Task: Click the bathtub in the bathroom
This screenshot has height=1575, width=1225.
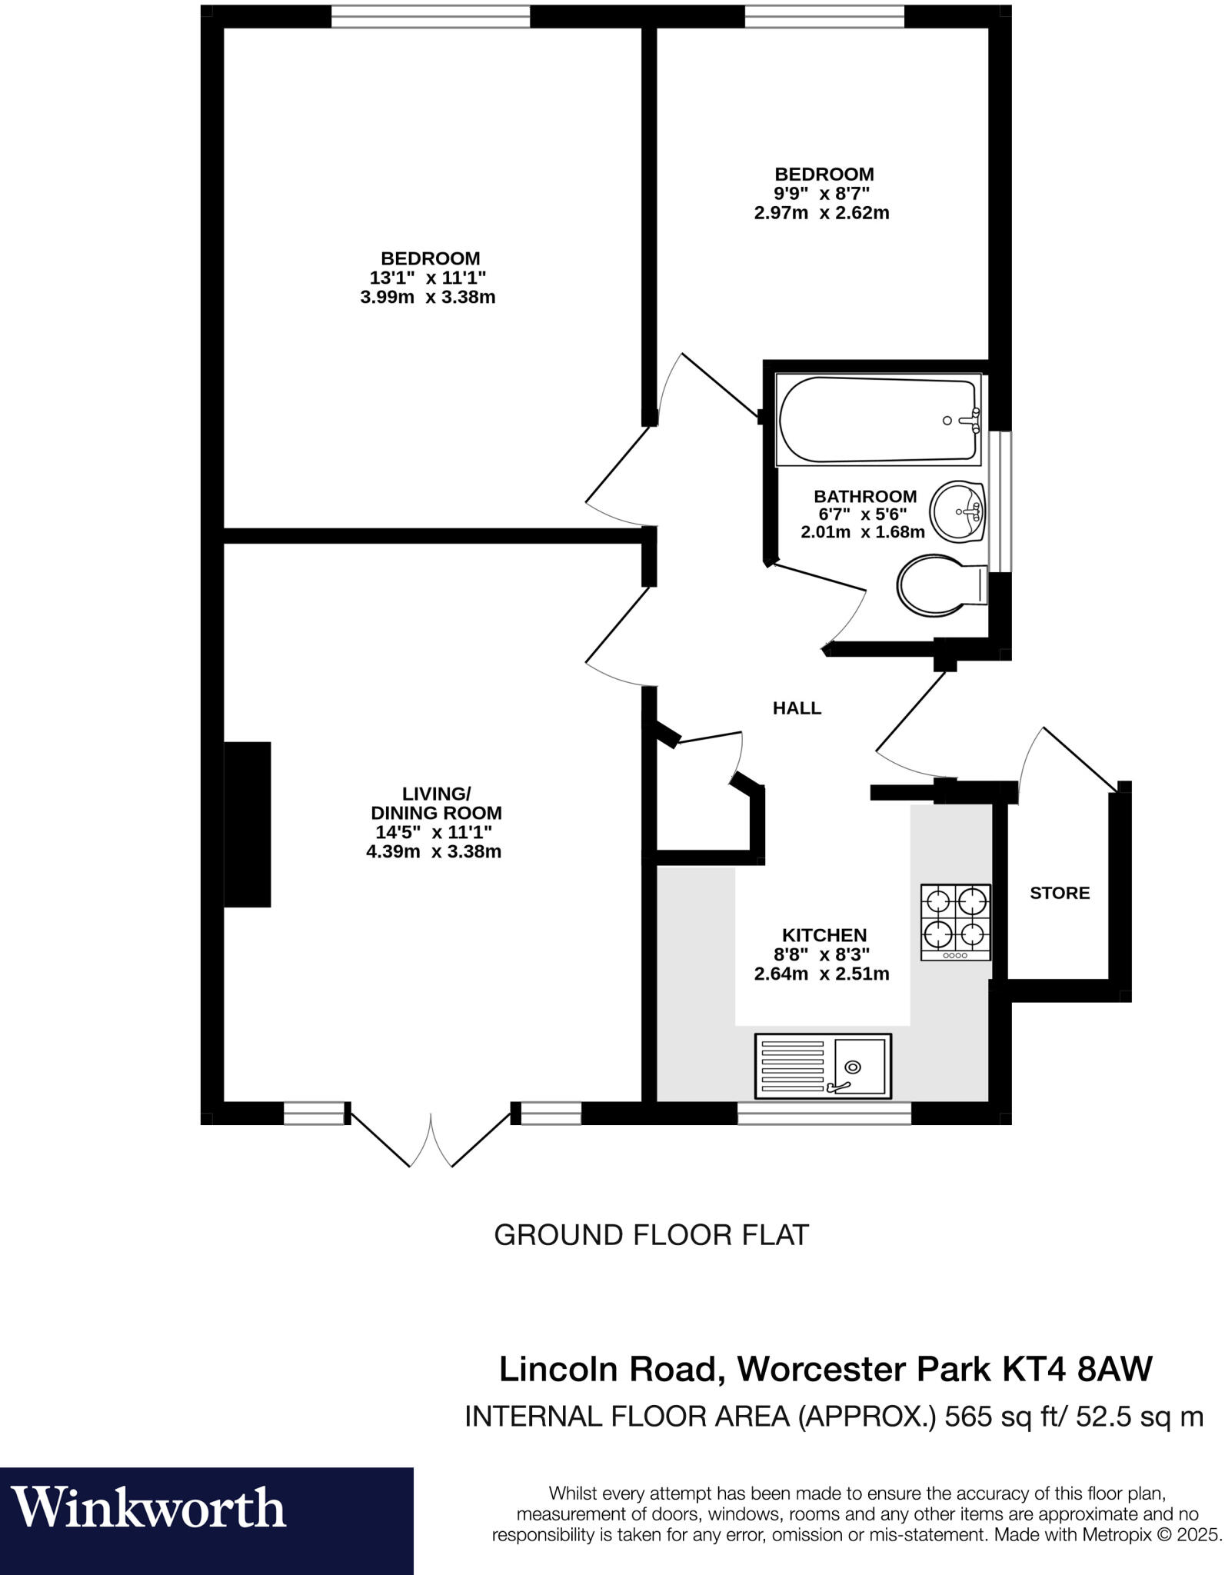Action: point(878,420)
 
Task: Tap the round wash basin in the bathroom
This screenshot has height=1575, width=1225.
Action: point(957,511)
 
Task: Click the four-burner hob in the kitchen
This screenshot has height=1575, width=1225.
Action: point(955,921)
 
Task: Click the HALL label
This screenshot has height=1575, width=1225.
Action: point(797,708)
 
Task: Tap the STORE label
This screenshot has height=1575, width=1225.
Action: point(1060,893)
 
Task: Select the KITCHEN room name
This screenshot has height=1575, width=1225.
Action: point(824,935)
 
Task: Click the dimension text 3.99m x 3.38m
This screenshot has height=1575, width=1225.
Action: point(428,297)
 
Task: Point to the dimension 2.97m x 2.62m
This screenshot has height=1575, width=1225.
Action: point(821,213)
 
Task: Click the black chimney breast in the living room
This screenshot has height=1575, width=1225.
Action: point(248,824)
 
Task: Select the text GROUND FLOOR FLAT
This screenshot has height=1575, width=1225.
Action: point(651,1235)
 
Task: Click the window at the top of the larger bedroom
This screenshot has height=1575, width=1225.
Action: point(431,15)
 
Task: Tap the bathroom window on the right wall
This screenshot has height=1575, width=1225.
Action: point(1000,501)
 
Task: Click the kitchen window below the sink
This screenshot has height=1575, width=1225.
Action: point(824,1113)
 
